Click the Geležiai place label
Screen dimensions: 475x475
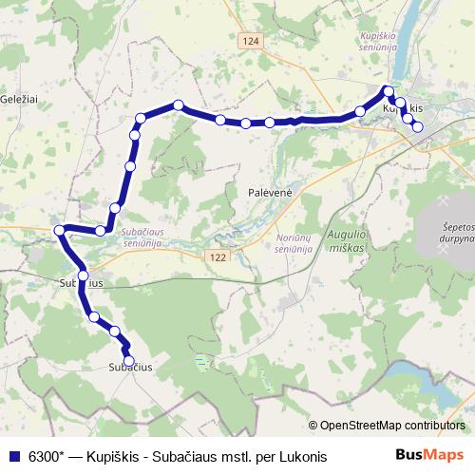18,98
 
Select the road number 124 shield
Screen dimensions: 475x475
250,42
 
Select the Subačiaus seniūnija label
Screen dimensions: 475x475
143,237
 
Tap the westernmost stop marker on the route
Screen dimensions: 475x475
60,231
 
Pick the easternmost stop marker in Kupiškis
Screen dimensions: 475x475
417,126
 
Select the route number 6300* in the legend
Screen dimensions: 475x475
46,457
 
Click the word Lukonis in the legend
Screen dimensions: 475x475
302,457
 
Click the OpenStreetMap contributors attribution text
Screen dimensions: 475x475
392,426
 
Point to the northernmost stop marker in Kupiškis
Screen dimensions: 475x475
388,91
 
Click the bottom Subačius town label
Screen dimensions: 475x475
130,367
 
